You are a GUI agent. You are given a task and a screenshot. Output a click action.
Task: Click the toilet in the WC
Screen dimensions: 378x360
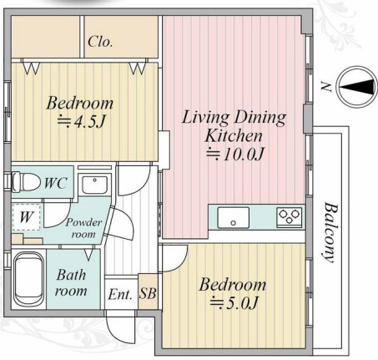coord(26,182)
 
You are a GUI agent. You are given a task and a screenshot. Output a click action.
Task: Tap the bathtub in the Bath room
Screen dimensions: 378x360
coord(28,279)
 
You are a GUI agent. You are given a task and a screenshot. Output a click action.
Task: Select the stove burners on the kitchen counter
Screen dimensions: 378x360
coord(290,216)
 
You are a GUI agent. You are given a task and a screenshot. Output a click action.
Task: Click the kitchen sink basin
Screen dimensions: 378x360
coord(233,217)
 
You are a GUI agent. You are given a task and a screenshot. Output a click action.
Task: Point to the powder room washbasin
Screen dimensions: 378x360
coord(94,185)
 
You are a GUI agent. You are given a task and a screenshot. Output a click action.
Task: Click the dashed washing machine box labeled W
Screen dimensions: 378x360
coord(27,217)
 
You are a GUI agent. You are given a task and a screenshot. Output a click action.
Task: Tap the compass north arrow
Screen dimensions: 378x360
coord(357,87)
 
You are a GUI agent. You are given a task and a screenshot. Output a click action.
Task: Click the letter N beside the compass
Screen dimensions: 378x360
coord(325,87)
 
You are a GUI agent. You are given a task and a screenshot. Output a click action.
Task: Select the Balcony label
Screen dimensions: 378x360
coord(331,232)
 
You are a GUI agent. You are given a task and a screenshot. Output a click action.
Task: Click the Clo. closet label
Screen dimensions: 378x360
coord(100,42)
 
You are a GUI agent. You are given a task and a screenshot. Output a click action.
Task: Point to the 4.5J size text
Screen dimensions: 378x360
coord(81,121)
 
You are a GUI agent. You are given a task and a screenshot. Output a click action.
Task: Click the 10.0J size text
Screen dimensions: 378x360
coord(234,154)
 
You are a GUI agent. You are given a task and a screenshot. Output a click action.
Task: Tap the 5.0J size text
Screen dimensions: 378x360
coord(234,302)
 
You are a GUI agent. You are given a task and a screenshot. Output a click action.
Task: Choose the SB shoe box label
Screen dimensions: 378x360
coord(148,293)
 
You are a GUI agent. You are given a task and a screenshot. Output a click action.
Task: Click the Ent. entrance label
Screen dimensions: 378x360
coord(120,294)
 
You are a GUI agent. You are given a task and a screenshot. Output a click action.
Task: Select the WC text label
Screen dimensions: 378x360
coord(56,183)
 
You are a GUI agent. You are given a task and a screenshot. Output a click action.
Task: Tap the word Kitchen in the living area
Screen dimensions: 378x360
coord(234,135)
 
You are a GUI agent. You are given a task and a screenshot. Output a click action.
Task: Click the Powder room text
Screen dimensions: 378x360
coord(83,228)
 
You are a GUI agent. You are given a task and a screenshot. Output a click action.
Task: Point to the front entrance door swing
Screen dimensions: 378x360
coord(120,327)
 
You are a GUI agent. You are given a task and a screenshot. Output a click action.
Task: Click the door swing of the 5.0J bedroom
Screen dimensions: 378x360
coord(174,257)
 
